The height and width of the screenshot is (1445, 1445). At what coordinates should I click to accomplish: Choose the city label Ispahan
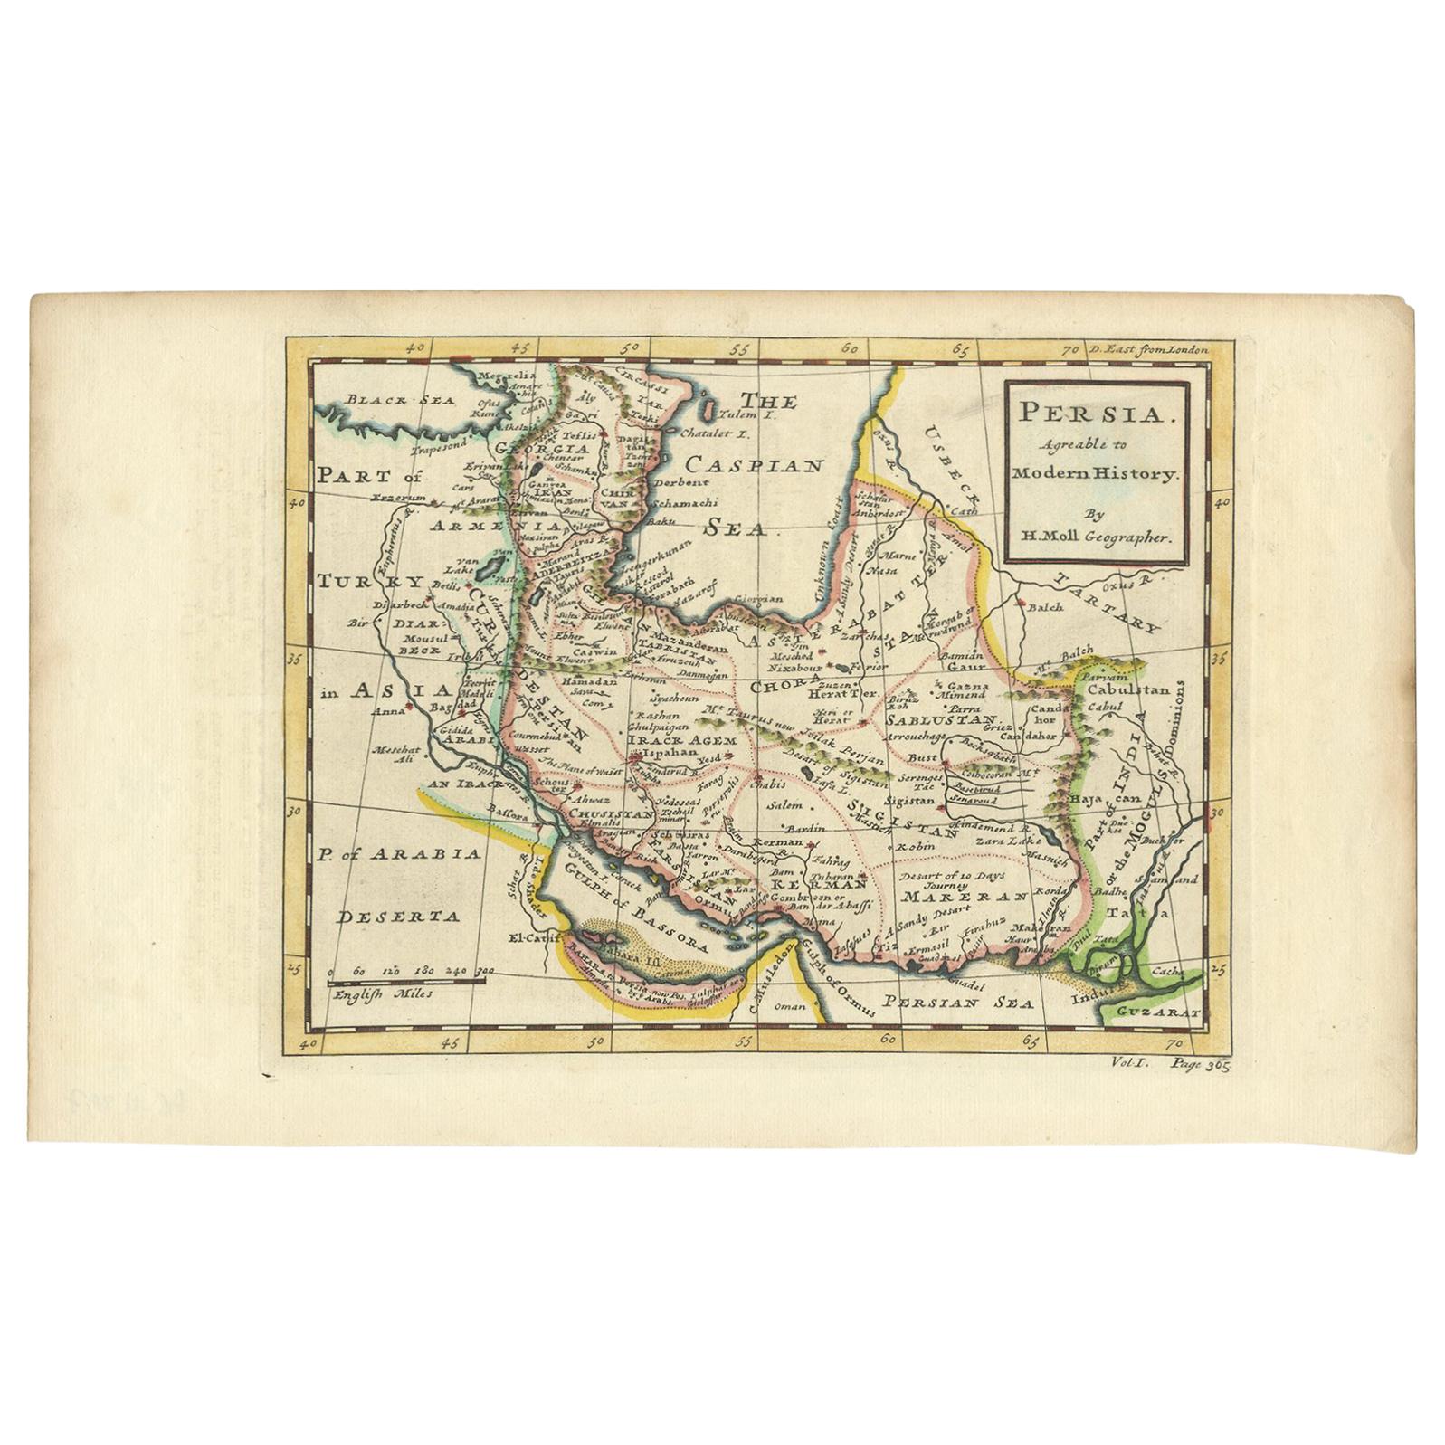point(668,753)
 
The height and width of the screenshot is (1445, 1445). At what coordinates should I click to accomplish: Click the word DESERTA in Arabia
point(399,917)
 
